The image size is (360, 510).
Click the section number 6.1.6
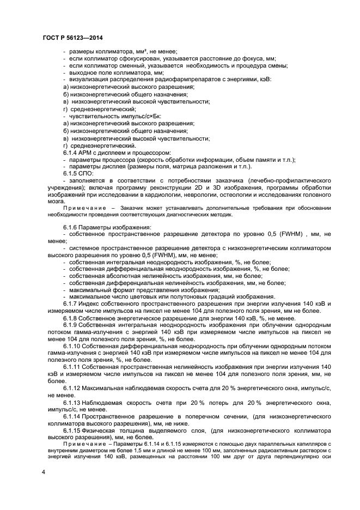71,227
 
